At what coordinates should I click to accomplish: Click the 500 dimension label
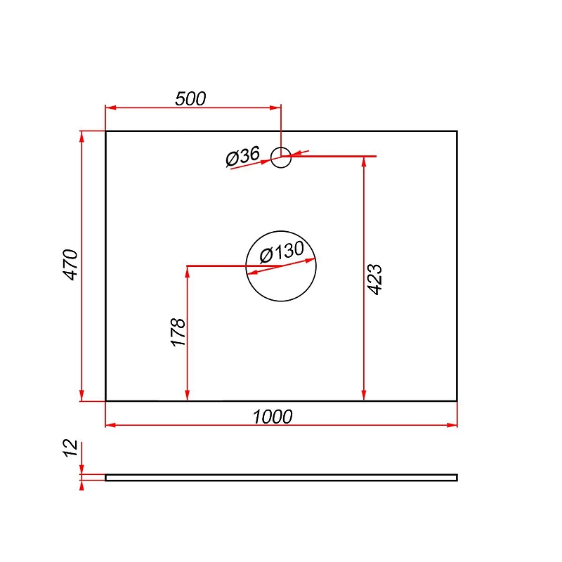pos(190,98)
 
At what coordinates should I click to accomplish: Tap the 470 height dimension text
pos(71,265)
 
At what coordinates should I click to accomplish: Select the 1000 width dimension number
pos(273,417)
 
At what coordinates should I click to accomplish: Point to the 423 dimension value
pos(375,280)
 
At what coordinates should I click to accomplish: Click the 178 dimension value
pos(178,332)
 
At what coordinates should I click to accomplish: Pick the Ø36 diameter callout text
pos(242,157)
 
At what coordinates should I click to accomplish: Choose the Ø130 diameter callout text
pos(282,252)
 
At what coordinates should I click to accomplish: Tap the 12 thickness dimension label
pos(70,448)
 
